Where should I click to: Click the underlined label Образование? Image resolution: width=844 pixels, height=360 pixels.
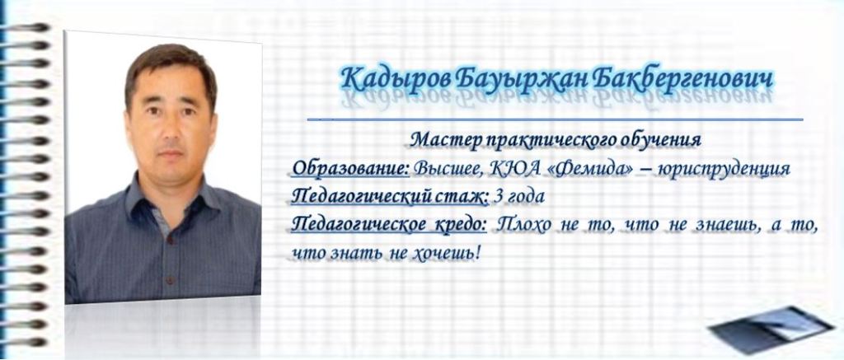pos(350,169)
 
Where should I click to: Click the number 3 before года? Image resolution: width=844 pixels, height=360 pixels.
pos(498,197)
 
